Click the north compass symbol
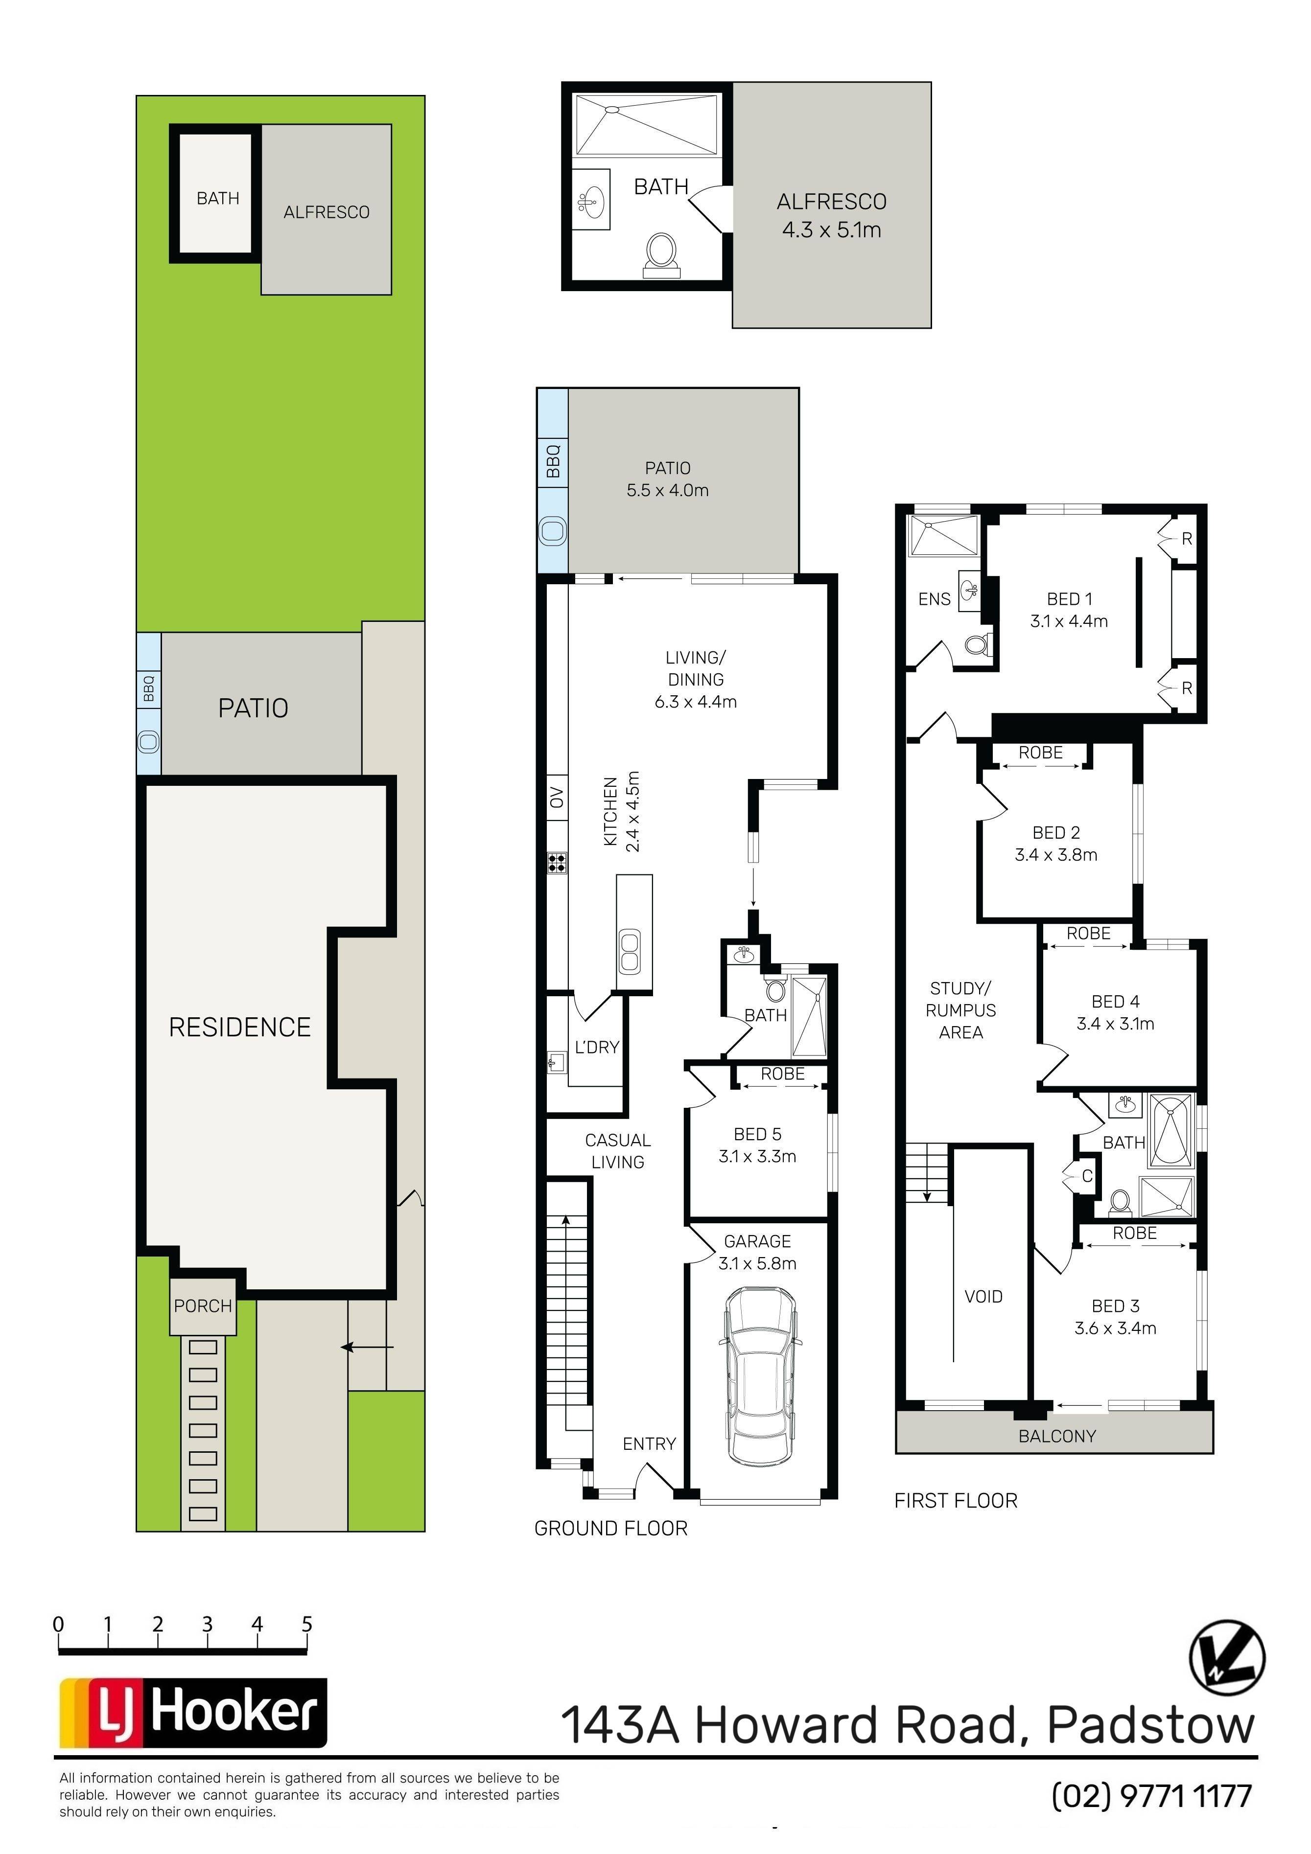[x=1227, y=1657]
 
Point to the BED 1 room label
[x=1070, y=598]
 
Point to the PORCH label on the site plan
[x=203, y=1305]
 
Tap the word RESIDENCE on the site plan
[x=240, y=1027]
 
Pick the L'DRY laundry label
[x=597, y=1047]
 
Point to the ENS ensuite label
[x=935, y=599]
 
